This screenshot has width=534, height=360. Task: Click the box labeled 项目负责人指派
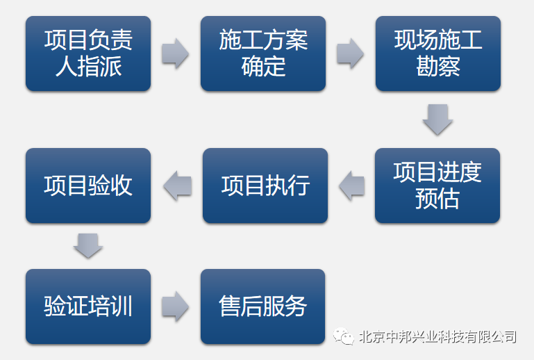[88, 54]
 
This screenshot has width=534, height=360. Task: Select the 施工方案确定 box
[263, 54]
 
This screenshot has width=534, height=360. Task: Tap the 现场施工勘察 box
[438, 54]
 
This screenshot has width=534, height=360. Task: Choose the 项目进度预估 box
[437, 186]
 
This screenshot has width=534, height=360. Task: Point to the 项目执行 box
[265, 186]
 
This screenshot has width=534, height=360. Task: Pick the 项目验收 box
[88, 186]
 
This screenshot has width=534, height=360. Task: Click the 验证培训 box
[88, 306]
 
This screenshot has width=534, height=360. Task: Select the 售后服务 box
[263, 306]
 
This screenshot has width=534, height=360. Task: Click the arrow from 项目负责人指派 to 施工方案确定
[176, 54]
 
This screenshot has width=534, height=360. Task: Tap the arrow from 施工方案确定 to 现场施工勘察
[351, 54]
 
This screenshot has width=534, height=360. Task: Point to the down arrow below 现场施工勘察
[437, 120]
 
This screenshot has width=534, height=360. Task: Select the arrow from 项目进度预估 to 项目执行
[352, 186]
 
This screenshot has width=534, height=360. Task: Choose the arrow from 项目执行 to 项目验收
[178, 186]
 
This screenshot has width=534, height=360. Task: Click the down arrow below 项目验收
[88, 245]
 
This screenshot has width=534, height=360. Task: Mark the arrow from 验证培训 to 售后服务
[176, 306]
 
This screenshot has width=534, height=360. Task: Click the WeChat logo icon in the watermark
[343, 336]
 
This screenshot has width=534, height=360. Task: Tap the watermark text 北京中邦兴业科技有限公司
[437, 337]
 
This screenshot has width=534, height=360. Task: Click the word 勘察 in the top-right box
[438, 67]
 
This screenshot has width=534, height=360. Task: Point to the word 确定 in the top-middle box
[263, 67]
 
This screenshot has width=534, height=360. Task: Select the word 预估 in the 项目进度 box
[437, 198]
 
